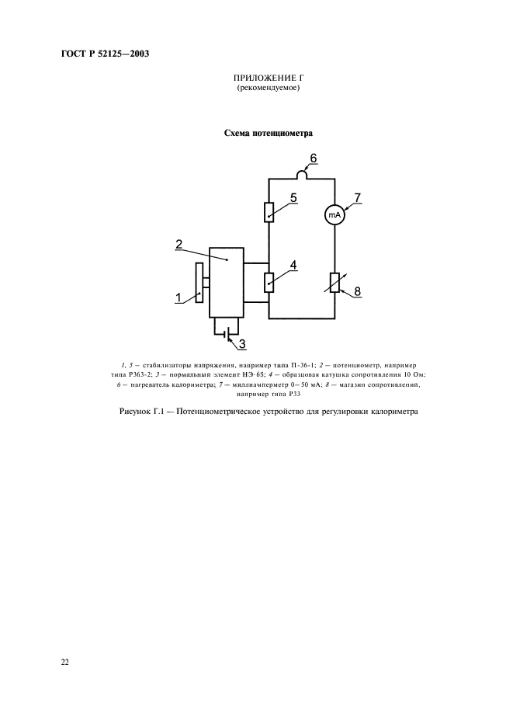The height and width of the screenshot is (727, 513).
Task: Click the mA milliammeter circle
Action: point(334,215)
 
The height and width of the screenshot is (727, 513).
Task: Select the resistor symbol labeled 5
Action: point(269,211)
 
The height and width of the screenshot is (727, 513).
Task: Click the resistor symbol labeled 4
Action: point(269,282)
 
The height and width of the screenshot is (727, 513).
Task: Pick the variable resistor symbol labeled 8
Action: point(334,283)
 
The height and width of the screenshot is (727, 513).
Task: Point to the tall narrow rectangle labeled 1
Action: point(199,283)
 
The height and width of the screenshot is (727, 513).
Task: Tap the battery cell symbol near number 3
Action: point(226,336)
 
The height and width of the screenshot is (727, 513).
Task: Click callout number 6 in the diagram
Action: point(313,158)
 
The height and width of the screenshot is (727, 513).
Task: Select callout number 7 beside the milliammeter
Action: point(357,198)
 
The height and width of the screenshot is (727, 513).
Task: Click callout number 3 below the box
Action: point(241,343)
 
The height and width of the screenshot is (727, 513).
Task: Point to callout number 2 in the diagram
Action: point(179,244)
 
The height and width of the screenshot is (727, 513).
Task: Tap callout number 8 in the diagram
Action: point(357,292)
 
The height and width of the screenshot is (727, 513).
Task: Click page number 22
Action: point(65,663)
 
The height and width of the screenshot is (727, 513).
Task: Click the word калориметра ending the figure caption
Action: point(390,412)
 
